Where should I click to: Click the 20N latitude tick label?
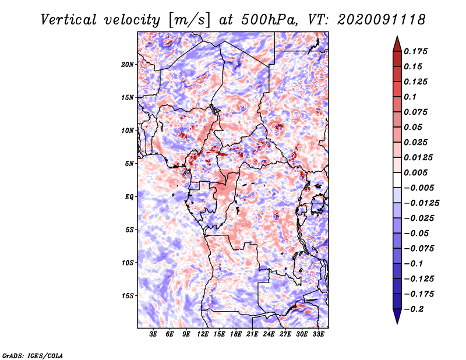tap(128, 64)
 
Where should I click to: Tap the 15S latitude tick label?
tap(128, 295)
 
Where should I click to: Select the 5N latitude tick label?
tap(129, 163)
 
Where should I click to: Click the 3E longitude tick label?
tap(154, 334)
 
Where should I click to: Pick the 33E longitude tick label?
tap(318, 334)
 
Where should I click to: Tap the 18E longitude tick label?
tap(236, 334)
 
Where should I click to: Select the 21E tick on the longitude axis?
tap(252, 334)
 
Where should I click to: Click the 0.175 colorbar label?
tap(416, 51)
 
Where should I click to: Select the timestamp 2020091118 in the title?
tap(376, 19)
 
